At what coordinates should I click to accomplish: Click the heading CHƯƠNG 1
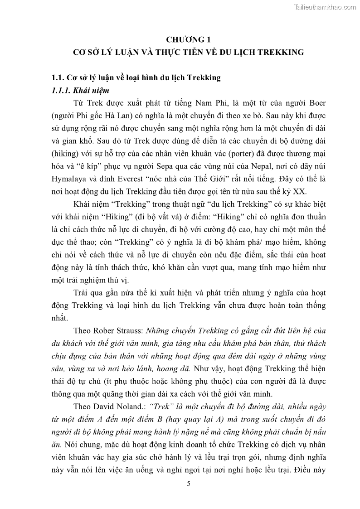pyautogui.click(x=189, y=39)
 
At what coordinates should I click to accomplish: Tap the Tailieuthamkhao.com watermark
pyautogui.click(x=325, y=7)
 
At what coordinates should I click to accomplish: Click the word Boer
pyautogui.click(x=316, y=103)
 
